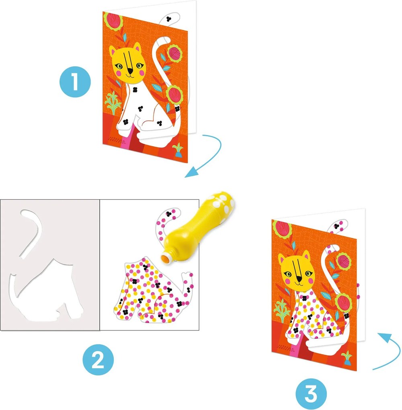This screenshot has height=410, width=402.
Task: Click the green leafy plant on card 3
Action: [282, 310]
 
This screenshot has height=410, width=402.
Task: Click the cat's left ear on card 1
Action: [114, 50]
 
